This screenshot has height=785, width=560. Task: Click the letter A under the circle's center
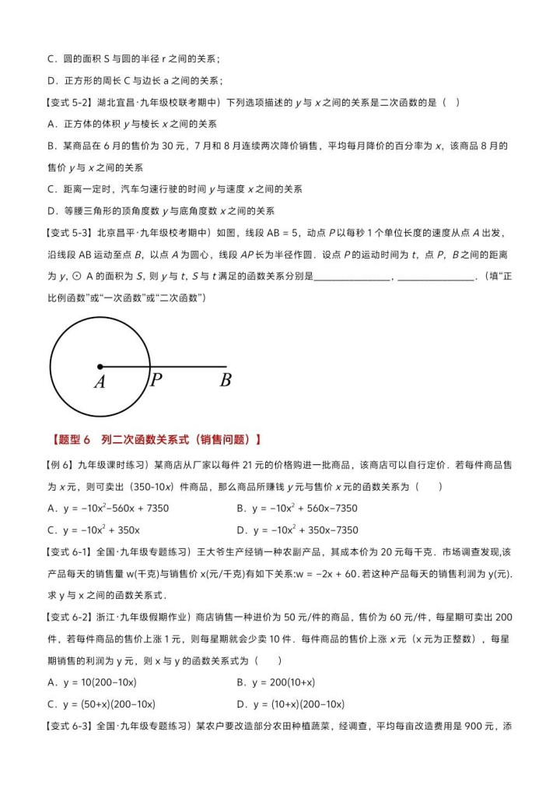[x=100, y=382]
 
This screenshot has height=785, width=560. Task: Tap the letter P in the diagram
[x=156, y=381]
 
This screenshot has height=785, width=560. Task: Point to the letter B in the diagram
[x=226, y=381]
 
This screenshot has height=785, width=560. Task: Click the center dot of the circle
[x=100, y=366]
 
